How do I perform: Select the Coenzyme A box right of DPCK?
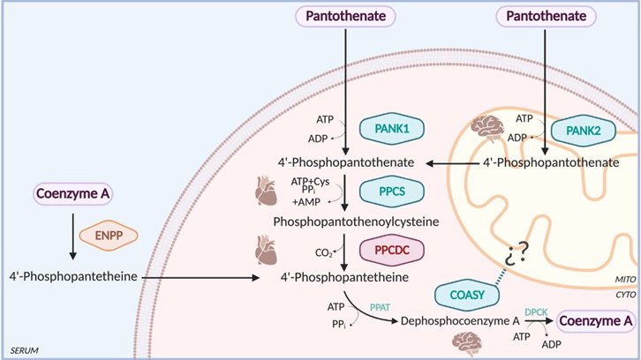pos(600,321)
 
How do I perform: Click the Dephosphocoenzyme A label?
pos(457,322)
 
